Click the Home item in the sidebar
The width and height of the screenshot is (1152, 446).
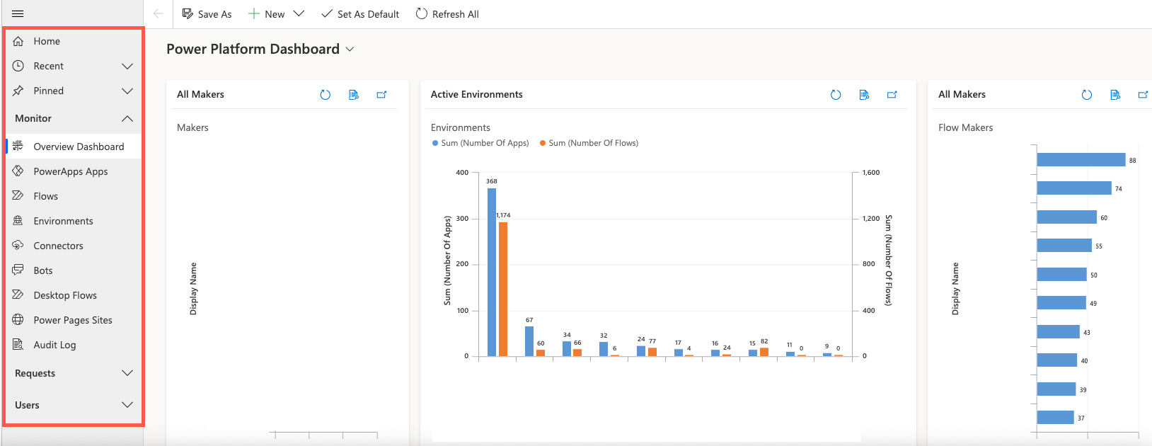pyautogui.click(x=47, y=41)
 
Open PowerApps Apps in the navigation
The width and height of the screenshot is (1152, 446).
pyautogui.click(x=70, y=171)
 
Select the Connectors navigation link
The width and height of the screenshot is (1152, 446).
pyautogui.click(x=58, y=246)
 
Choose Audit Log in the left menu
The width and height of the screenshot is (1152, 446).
pyautogui.click(x=54, y=345)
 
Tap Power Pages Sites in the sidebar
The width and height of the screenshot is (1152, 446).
pyautogui.click(x=72, y=320)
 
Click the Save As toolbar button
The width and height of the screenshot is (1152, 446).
pyautogui.click(x=207, y=14)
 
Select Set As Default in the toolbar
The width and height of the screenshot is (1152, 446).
pyautogui.click(x=360, y=14)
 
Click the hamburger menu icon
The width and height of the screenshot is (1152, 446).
pyautogui.click(x=18, y=14)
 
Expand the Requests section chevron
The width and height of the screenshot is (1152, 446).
pyautogui.click(x=127, y=373)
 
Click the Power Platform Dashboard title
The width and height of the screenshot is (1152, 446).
pyautogui.click(x=253, y=49)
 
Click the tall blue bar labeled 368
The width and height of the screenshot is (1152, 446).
pyautogui.click(x=492, y=272)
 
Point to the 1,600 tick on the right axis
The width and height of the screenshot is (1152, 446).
pyautogui.click(x=871, y=173)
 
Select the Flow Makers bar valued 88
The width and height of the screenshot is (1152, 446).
pyautogui.click(x=1081, y=160)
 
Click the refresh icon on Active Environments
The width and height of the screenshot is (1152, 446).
pyautogui.click(x=836, y=95)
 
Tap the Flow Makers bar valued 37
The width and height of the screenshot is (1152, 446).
pyautogui.click(x=1055, y=418)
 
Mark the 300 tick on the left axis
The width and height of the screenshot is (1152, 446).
pyautogui.click(x=462, y=219)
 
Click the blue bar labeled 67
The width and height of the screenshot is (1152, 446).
pyautogui.click(x=529, y=341)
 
